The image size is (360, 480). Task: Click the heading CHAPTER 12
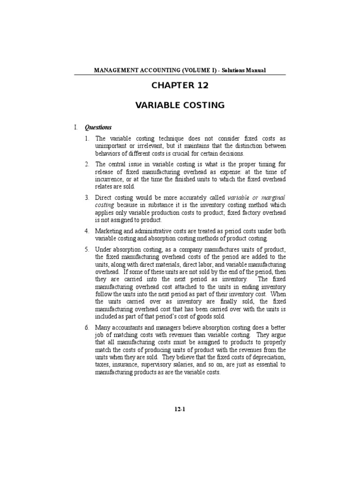pyautogui.click(x=180, y=85)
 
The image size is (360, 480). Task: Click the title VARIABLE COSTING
pyautogui.click(x=180, y=105)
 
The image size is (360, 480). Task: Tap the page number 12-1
pyautogui.click(x=180, y=409)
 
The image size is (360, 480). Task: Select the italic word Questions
pyautogui.click(x=98, y=127)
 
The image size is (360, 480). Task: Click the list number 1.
pyautogui.click(x=87, y=139)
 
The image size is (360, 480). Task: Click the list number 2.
pyautogui.click(x=87, y=164)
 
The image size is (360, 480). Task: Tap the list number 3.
pyautogui.click(x=87, y=198)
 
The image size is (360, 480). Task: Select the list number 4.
pyautogui.click(x=87, y=231)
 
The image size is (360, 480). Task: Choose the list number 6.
pyautogui.click(x=87, y=327)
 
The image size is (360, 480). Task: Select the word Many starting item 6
pyautogui.click(x=103, y=327)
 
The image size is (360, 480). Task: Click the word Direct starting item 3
pyautogui.click(x=104, y=198)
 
